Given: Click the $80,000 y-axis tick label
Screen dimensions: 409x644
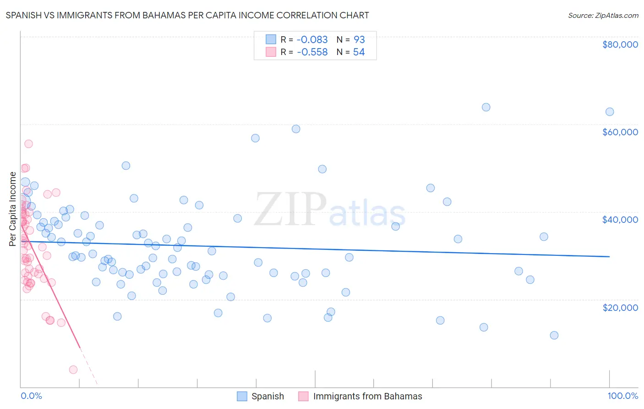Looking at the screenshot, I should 620,44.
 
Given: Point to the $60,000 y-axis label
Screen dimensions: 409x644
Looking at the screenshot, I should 620,132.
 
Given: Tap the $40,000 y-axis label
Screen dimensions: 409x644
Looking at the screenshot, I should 620,220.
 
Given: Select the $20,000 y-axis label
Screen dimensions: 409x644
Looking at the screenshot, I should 620,307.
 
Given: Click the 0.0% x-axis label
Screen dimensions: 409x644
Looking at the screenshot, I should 31,396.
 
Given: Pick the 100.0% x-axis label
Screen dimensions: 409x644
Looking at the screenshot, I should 622,396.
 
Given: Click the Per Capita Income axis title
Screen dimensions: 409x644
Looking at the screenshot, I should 13,209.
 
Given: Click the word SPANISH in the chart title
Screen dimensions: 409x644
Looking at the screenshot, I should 25,15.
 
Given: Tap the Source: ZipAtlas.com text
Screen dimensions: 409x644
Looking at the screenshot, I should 603,15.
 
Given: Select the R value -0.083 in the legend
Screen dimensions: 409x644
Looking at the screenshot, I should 312,40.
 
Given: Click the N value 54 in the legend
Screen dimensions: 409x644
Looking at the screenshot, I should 359,52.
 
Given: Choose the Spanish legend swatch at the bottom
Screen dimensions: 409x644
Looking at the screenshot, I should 242,396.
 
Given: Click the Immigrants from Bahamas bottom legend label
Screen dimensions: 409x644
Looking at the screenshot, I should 367,396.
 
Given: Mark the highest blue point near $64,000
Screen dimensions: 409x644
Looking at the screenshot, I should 486,107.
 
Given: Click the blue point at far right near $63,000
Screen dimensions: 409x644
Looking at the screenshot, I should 610,112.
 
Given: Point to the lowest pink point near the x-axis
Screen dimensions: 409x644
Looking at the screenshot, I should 73,370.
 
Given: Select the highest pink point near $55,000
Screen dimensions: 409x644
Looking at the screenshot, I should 28,144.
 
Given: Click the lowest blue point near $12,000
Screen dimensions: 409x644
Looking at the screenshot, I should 554,335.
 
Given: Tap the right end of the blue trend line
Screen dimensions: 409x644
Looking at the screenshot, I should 609,257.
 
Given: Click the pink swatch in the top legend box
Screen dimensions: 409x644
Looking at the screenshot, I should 271,52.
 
